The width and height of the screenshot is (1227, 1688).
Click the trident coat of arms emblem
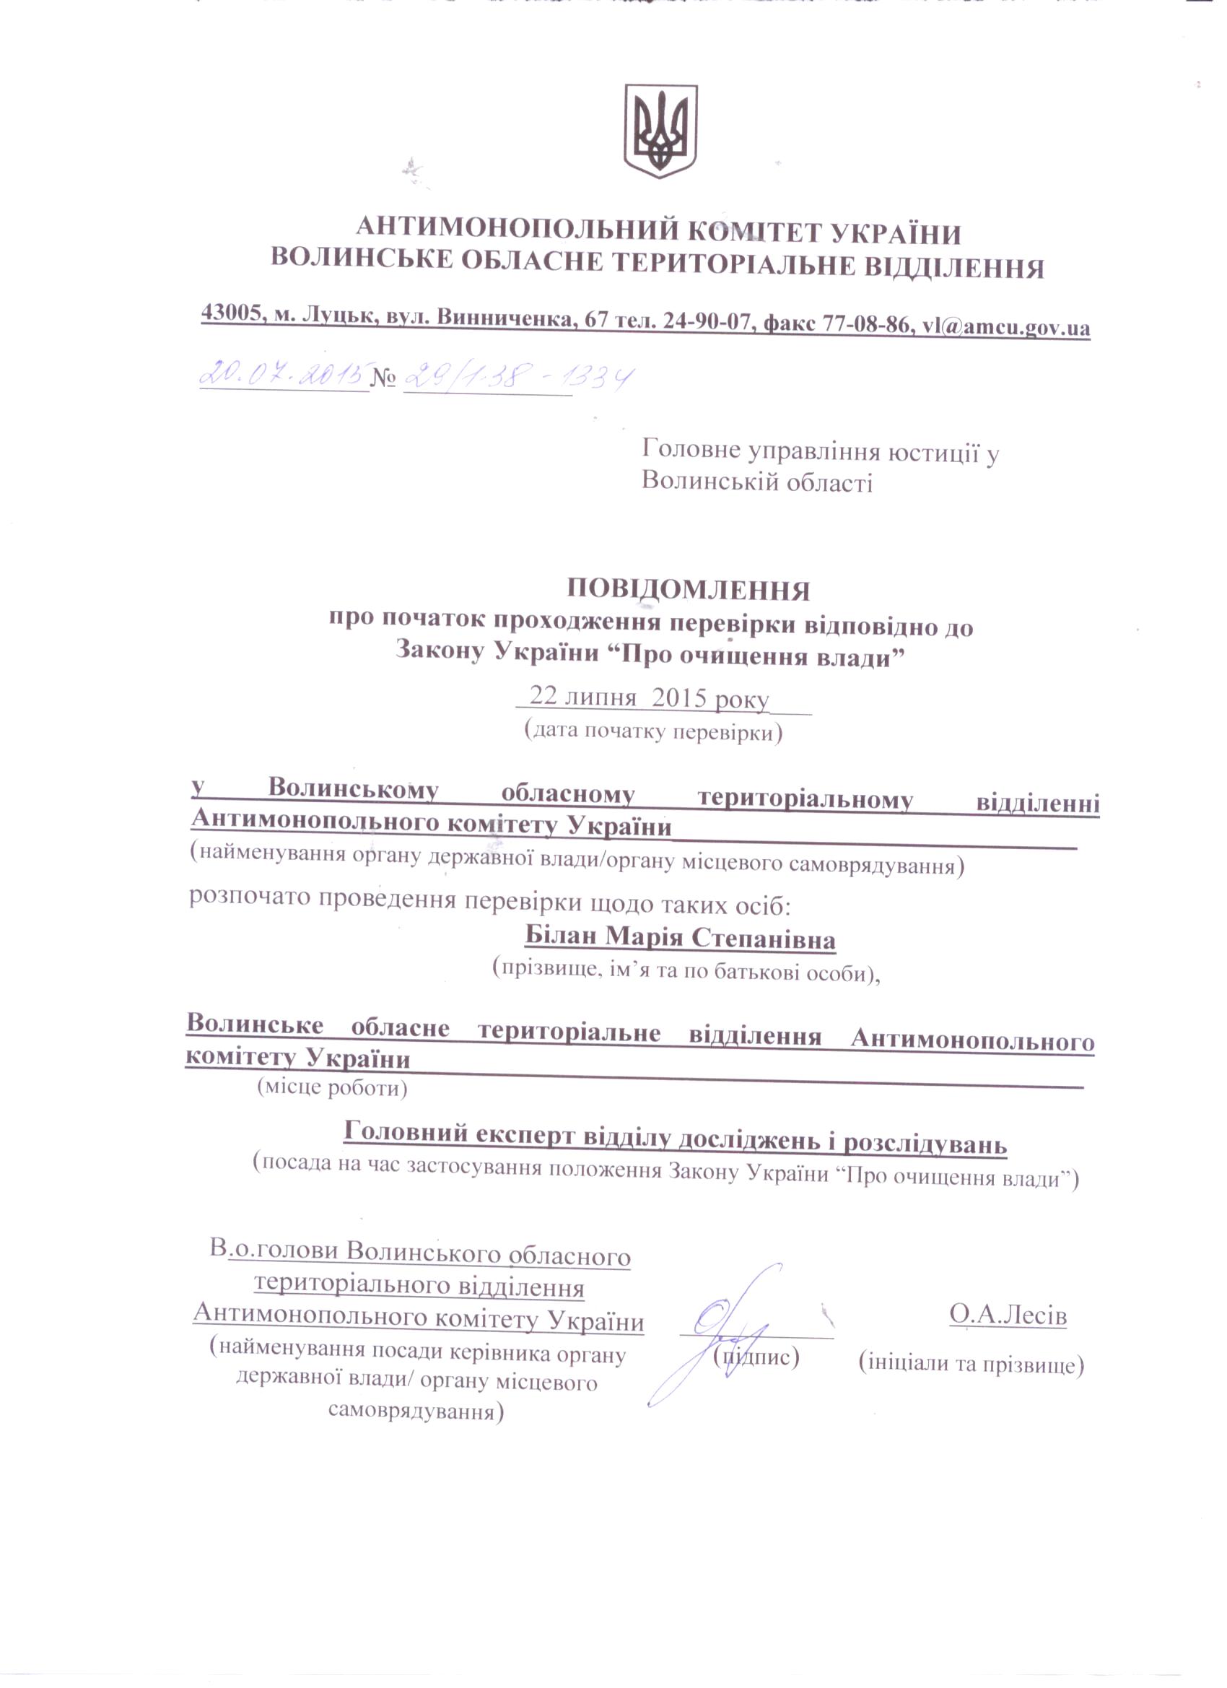point(660,131)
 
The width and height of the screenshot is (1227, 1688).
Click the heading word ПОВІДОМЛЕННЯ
point(689,590)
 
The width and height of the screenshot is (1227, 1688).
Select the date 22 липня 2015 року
point(648,698)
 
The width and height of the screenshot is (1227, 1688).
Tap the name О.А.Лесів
point(1008,1315)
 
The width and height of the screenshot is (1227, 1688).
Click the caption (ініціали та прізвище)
point(971,1364)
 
